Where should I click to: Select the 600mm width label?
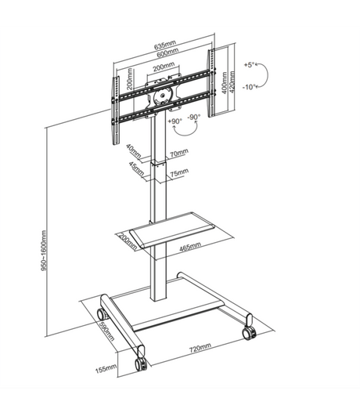[x=164, y=54]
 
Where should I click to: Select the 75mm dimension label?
[x=178, y=172]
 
